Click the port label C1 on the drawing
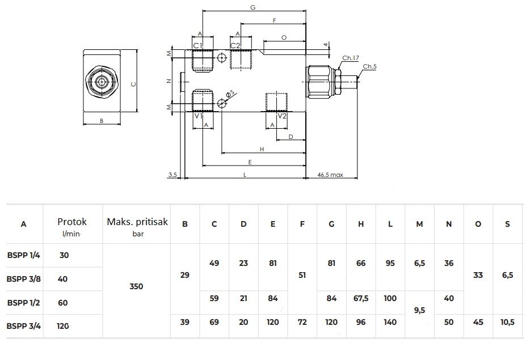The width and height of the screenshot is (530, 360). (x=197, y=45)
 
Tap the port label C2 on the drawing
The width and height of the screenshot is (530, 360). (x=235, y=45)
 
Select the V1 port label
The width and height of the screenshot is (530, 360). (x=198, y=116)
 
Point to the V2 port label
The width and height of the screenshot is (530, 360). (x=282, y=116)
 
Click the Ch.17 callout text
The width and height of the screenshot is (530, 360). (x=351, y=58)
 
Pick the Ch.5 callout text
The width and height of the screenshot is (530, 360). (x=370, y=66)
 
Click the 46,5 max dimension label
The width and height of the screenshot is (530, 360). (x=330, y=175)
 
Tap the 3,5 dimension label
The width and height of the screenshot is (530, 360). (x=173, y=175)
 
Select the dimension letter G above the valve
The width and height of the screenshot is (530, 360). (x=253, y=7)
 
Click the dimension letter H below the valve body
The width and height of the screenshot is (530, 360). (x=262, y=149)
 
